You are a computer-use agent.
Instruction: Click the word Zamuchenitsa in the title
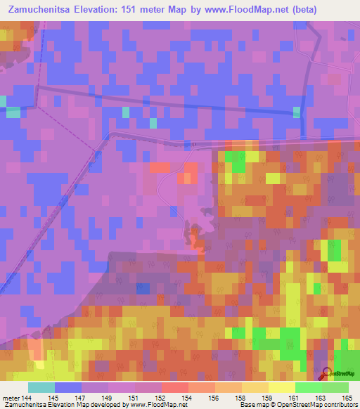point(44,10)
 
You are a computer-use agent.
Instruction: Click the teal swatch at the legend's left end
point(41,387)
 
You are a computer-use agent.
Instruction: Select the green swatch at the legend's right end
point(335,387)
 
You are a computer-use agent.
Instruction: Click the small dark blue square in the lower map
point(143,289)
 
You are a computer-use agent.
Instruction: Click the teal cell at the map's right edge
point(296,112)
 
